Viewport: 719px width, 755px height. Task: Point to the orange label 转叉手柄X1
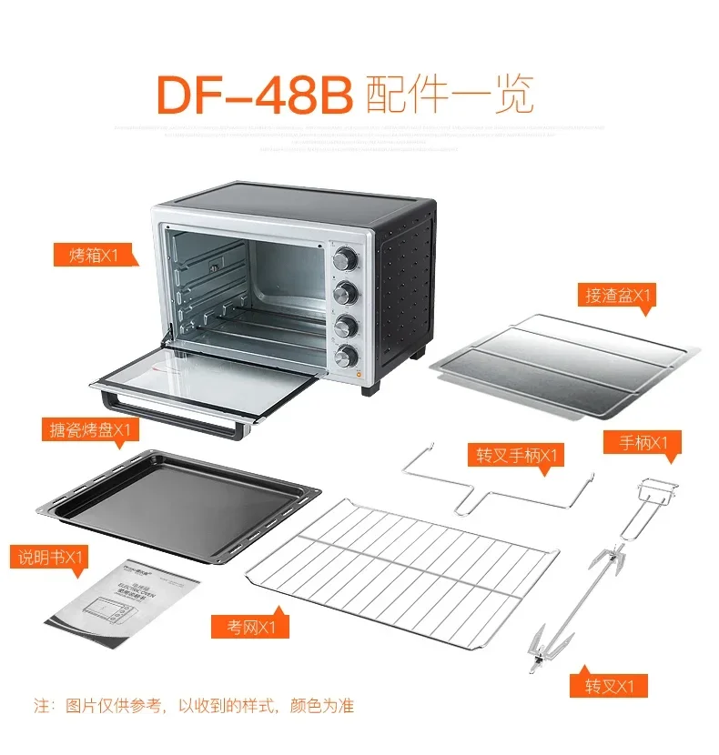[x=515, y=455]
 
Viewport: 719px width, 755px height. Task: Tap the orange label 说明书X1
[x=49, y=555]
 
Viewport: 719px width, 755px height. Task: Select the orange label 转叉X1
[x=609, y=685]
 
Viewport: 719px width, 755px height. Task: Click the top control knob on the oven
[x=346, y=259]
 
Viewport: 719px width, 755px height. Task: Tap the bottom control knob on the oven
[x=347, y=355]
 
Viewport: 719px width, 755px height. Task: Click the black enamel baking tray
[x=177, y=496]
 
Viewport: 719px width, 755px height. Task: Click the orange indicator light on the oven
[x=359, y=373]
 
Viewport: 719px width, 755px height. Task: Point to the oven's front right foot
[x=370, y=386]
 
